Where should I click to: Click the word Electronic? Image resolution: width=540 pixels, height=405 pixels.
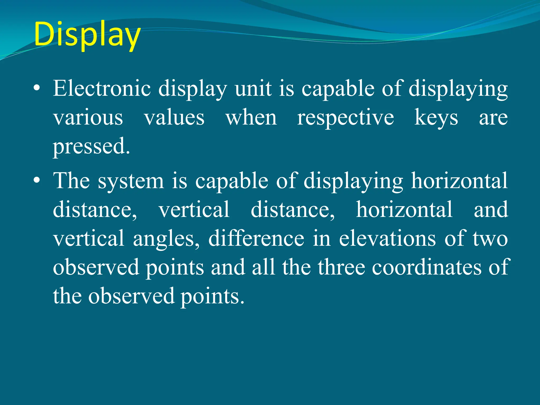(102, 89)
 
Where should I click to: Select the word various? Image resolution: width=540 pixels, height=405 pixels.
(88, 118)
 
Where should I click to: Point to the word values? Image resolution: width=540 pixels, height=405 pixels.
(174, 118)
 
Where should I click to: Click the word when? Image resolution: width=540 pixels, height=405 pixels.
(251, 118)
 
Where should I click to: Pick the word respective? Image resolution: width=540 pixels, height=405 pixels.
(345, 118)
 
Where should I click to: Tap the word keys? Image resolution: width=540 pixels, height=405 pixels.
(436, 118)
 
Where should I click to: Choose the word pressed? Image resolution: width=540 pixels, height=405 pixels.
(91, 147)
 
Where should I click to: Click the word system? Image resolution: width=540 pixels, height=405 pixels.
(131, 181)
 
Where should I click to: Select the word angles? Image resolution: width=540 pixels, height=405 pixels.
(166, 238)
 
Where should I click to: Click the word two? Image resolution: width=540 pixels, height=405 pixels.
(490, 238)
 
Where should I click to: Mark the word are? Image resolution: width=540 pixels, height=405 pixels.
(493, 118)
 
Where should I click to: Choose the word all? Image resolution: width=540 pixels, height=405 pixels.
(263, 267)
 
